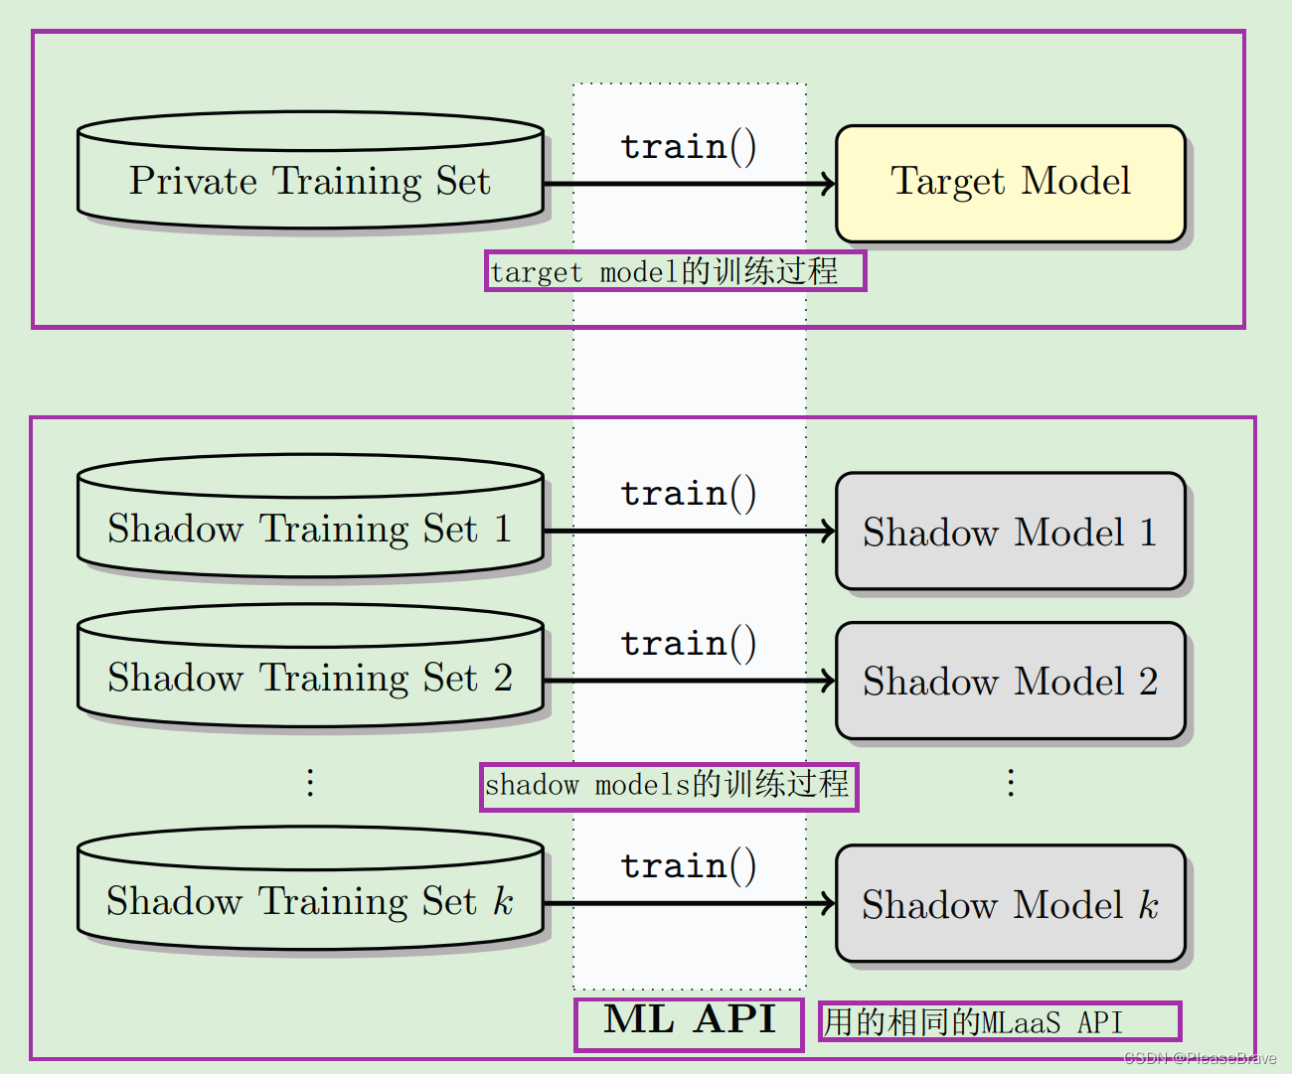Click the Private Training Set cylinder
click(x=310, y=181)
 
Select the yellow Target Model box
click(x=1011, y=183)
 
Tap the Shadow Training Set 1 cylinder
click(x=310, y=528)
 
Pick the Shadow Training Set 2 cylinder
click(x=310, y=677)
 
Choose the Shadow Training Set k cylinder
click(x=310, y=900)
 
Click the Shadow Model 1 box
click(x=1011, y=532)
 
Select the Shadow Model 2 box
click(x=1011, y=681)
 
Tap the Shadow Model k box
click(x=1011, y=904)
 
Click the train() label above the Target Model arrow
click(x=688, y=146)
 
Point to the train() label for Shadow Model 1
click(x=688, y=493)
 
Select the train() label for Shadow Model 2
click(x=688, y=643)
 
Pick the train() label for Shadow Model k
click(x=688, y=865)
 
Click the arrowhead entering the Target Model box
click(x=827, y=184)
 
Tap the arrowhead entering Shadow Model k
click(x=827, y=903)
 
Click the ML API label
click(x=689, y=1020)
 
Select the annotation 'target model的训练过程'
click(x=675, y=271)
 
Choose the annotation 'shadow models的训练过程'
click(x=668, y=785)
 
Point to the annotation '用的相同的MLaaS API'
click(x=999, y=1021)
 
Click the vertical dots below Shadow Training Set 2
click(x=310, y=783)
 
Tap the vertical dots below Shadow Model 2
click(x=1011, y=783)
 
